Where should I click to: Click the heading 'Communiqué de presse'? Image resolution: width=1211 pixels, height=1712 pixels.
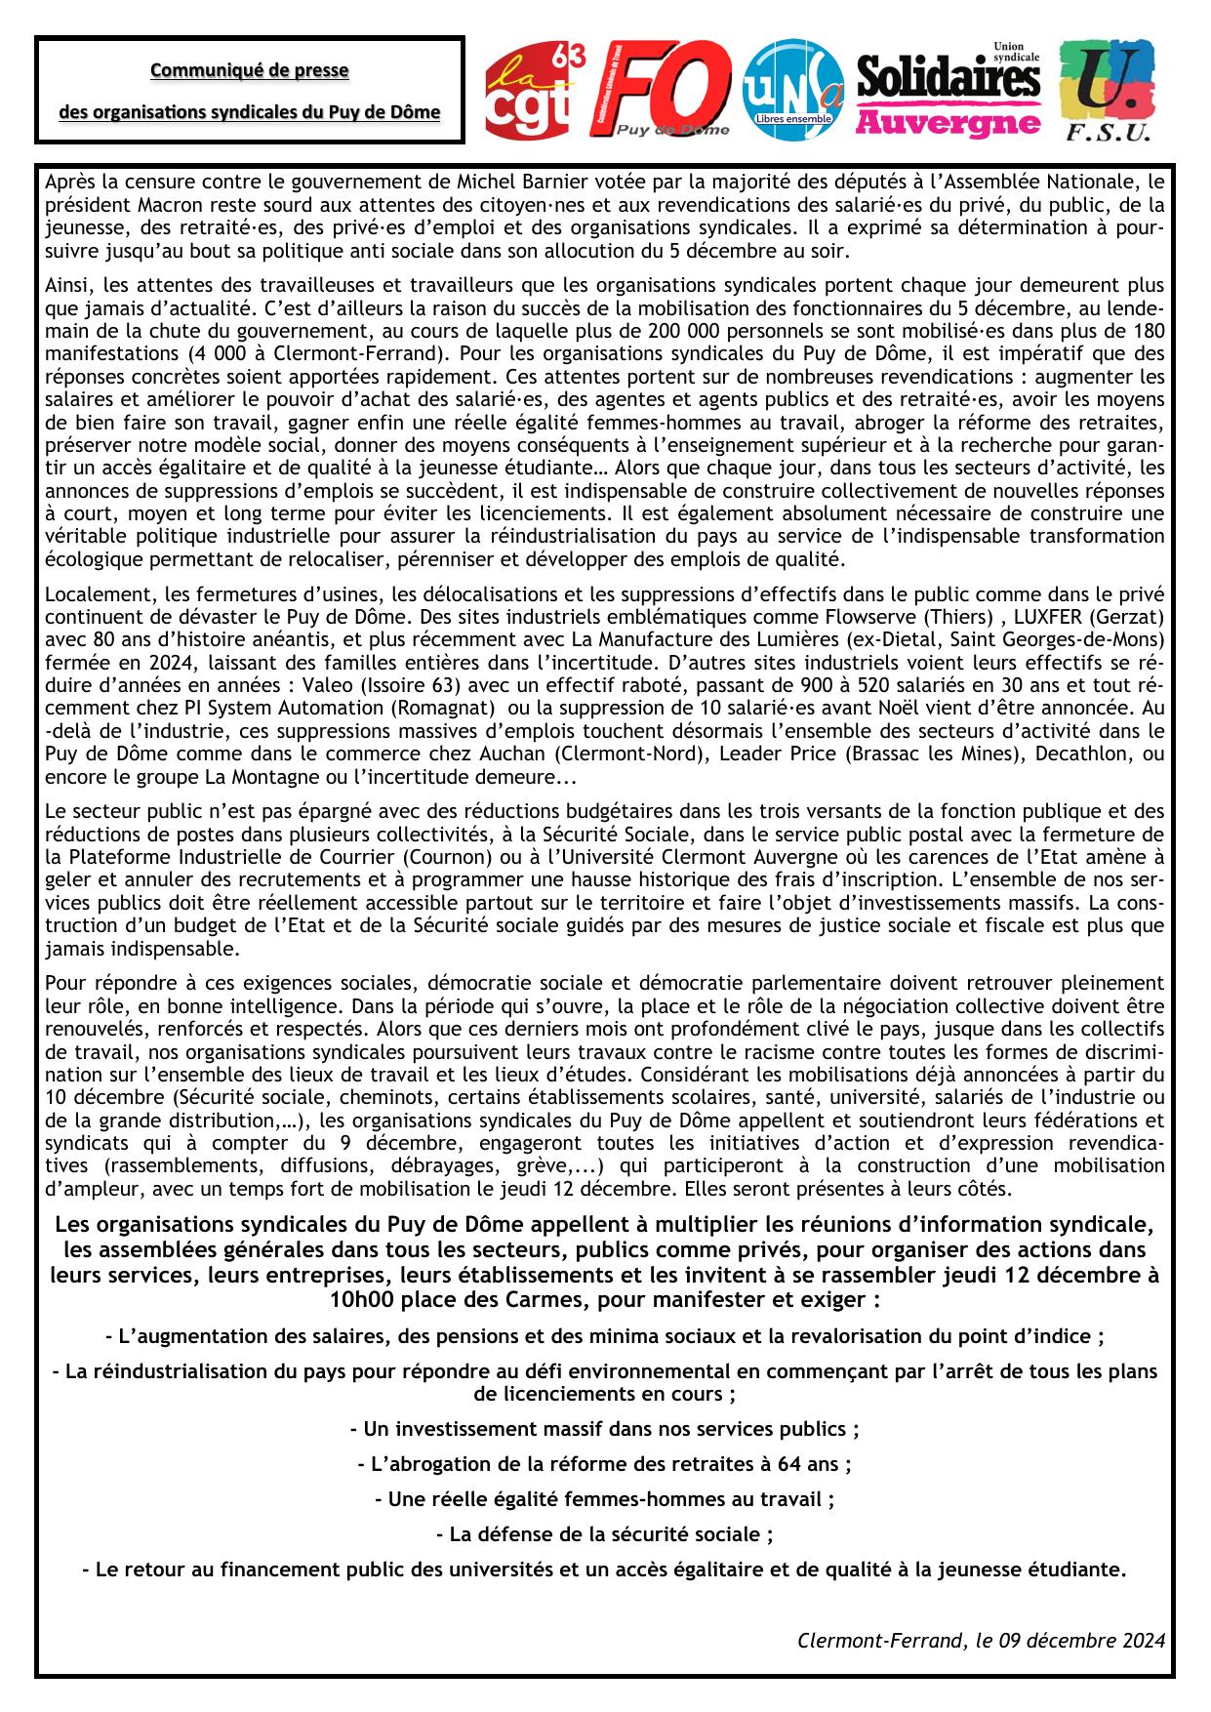point(249,70)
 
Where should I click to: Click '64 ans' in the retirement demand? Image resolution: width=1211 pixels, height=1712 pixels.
point(815,1464)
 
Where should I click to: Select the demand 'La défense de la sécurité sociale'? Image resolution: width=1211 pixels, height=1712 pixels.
point(605,1534)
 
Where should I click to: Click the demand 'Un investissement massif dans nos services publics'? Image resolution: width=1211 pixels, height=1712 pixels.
point(605,1429)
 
